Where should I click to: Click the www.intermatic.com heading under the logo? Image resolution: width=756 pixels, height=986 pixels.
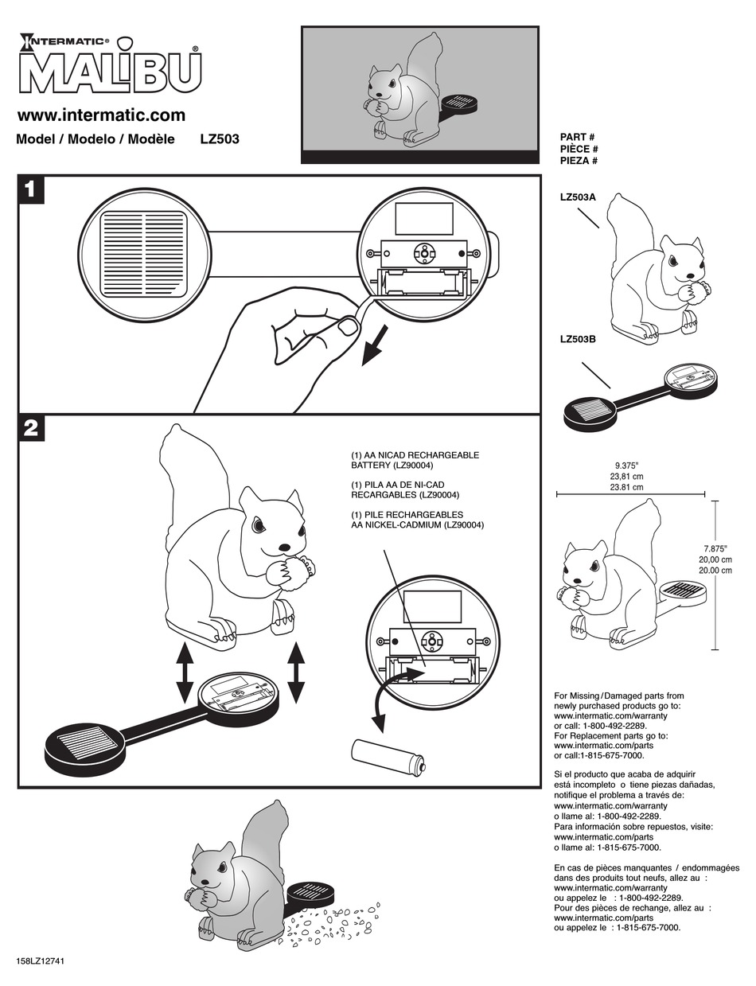pos(101,115)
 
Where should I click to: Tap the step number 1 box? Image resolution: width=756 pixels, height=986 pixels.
pos(30,190)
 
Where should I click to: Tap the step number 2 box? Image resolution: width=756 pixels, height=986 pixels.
pos(30,428)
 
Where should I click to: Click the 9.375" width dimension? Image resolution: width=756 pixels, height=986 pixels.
pos(626,465)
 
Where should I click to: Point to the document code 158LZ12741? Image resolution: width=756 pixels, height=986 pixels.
pos(40,961)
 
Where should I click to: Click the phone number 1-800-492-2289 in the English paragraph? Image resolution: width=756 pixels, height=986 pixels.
pos(612,726)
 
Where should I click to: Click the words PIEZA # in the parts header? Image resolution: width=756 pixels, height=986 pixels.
pos(579,161)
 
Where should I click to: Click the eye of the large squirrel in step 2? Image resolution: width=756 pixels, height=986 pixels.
pos(259,525)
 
